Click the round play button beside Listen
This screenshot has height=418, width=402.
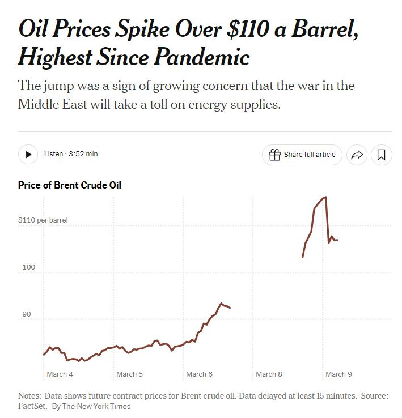tap(28, 155)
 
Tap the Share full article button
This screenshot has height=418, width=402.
tap(302, 155)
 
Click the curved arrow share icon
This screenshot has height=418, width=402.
tap(357, 155)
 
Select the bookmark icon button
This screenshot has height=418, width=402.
tap(382, 155)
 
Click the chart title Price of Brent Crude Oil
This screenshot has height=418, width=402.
tap(70, 185)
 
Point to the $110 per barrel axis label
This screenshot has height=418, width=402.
tap(43, 220)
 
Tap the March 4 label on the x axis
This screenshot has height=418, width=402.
tap(60, 374)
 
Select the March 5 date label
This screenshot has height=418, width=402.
tap(129, 374)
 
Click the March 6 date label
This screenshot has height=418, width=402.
tap(199, 374)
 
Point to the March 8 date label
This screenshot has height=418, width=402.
tap(269, 374)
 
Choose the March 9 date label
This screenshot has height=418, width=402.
tap(338, 374)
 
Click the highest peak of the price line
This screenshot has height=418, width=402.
tap(325, 197)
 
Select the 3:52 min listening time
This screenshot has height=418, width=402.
tap(83, 154)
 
